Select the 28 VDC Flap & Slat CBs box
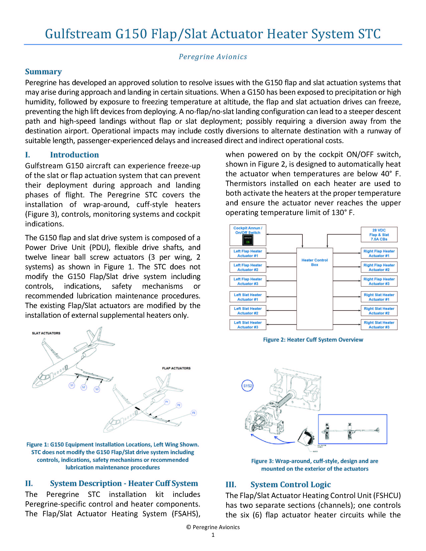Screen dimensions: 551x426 [379, 235]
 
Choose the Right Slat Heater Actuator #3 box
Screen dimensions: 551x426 [379, 325]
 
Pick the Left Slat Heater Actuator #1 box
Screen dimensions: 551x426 [248, 297]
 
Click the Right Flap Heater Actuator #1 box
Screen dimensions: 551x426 [379, 253]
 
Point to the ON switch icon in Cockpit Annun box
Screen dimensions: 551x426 [248, 240]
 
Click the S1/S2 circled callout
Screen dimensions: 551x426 [247, 386]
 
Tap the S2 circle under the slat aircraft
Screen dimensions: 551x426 [84, 387]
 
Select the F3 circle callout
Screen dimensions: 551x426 [194, 413]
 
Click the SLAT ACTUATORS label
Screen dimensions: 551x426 [46, 333]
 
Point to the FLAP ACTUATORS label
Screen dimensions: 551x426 [176, 368]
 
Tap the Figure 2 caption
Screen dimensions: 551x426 [313, 340]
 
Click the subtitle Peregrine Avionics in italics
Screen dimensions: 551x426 [213, 57]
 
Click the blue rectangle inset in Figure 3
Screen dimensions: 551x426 [352, 429]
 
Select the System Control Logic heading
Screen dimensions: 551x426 [291, 484]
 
